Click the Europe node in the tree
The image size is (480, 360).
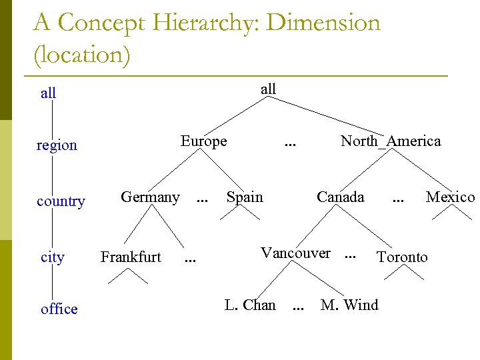click(203, 141)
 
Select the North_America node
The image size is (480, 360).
click(391, 141)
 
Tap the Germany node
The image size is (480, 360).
click(150, 197)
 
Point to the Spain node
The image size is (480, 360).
click(245, 197)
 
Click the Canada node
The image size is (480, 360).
click(341, 197)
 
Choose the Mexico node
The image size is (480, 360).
click(450, 197)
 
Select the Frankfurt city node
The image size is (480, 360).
click(131, 257)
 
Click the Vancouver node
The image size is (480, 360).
click(295, 253)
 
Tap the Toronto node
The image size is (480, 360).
click(402, 257)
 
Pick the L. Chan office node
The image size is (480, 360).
click(250, 305)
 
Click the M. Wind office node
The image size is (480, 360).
click(349, 305)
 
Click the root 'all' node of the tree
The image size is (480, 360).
click(268, 89)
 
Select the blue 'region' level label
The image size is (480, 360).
click(57, 145)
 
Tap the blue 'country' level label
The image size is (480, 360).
click(61, 201)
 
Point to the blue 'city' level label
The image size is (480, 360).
click(53, 257)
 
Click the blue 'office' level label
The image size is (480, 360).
click(59, 309)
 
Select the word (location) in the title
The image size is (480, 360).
click(82, 55)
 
